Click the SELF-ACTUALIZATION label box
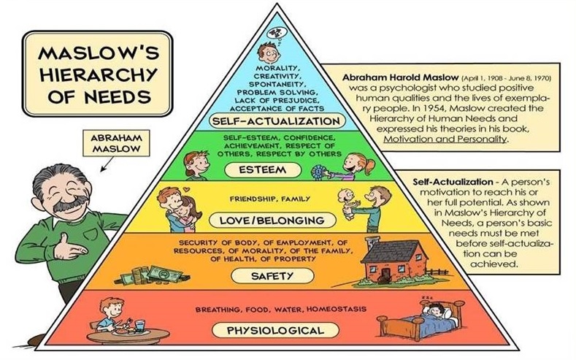point(275,120)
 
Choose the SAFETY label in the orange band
point(273,276)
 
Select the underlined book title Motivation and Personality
point(444,139)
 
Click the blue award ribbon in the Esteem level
point(318,172)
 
